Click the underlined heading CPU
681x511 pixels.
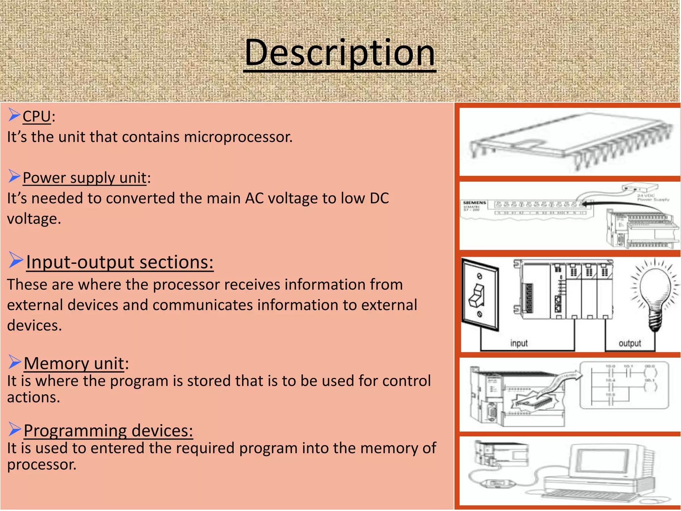37,117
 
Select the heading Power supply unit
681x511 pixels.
84,178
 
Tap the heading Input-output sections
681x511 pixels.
120,262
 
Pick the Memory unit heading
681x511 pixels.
74,363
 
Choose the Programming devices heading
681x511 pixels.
108,430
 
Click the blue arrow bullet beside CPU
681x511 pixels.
14,115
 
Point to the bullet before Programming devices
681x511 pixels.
15,429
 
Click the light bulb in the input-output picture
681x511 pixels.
654,293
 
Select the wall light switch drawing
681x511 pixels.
480,294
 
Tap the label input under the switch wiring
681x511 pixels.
519,343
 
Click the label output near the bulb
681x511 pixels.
629,343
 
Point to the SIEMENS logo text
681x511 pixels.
475,203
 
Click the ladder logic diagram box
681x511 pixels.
624,385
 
